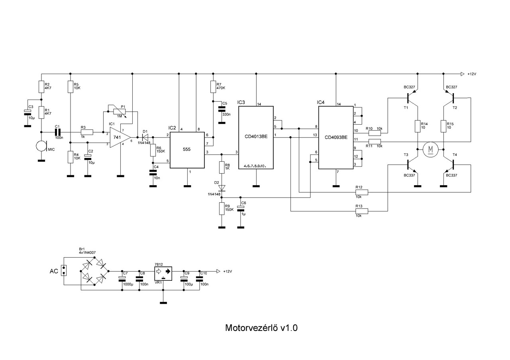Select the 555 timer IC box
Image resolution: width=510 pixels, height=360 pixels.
[x=187, y=150]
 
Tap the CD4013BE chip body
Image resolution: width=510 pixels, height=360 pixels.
[x=256, y=137]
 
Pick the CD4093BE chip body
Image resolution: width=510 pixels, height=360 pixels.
[x=335, y=137]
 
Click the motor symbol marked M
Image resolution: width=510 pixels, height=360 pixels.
[x=430, y=149]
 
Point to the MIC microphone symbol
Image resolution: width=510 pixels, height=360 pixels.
[x=41, y=145]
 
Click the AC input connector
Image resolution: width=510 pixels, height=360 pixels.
[x=64, y=271]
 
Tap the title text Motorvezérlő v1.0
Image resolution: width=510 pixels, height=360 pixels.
[x=261, y=328]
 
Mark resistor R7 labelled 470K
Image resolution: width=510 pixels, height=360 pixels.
[x=213, y=86]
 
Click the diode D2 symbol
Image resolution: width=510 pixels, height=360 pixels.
[x=222, y=188]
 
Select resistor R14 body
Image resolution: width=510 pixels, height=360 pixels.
[x=418, y=126]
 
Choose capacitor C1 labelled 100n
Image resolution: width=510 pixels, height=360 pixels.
[x=57, y=131]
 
